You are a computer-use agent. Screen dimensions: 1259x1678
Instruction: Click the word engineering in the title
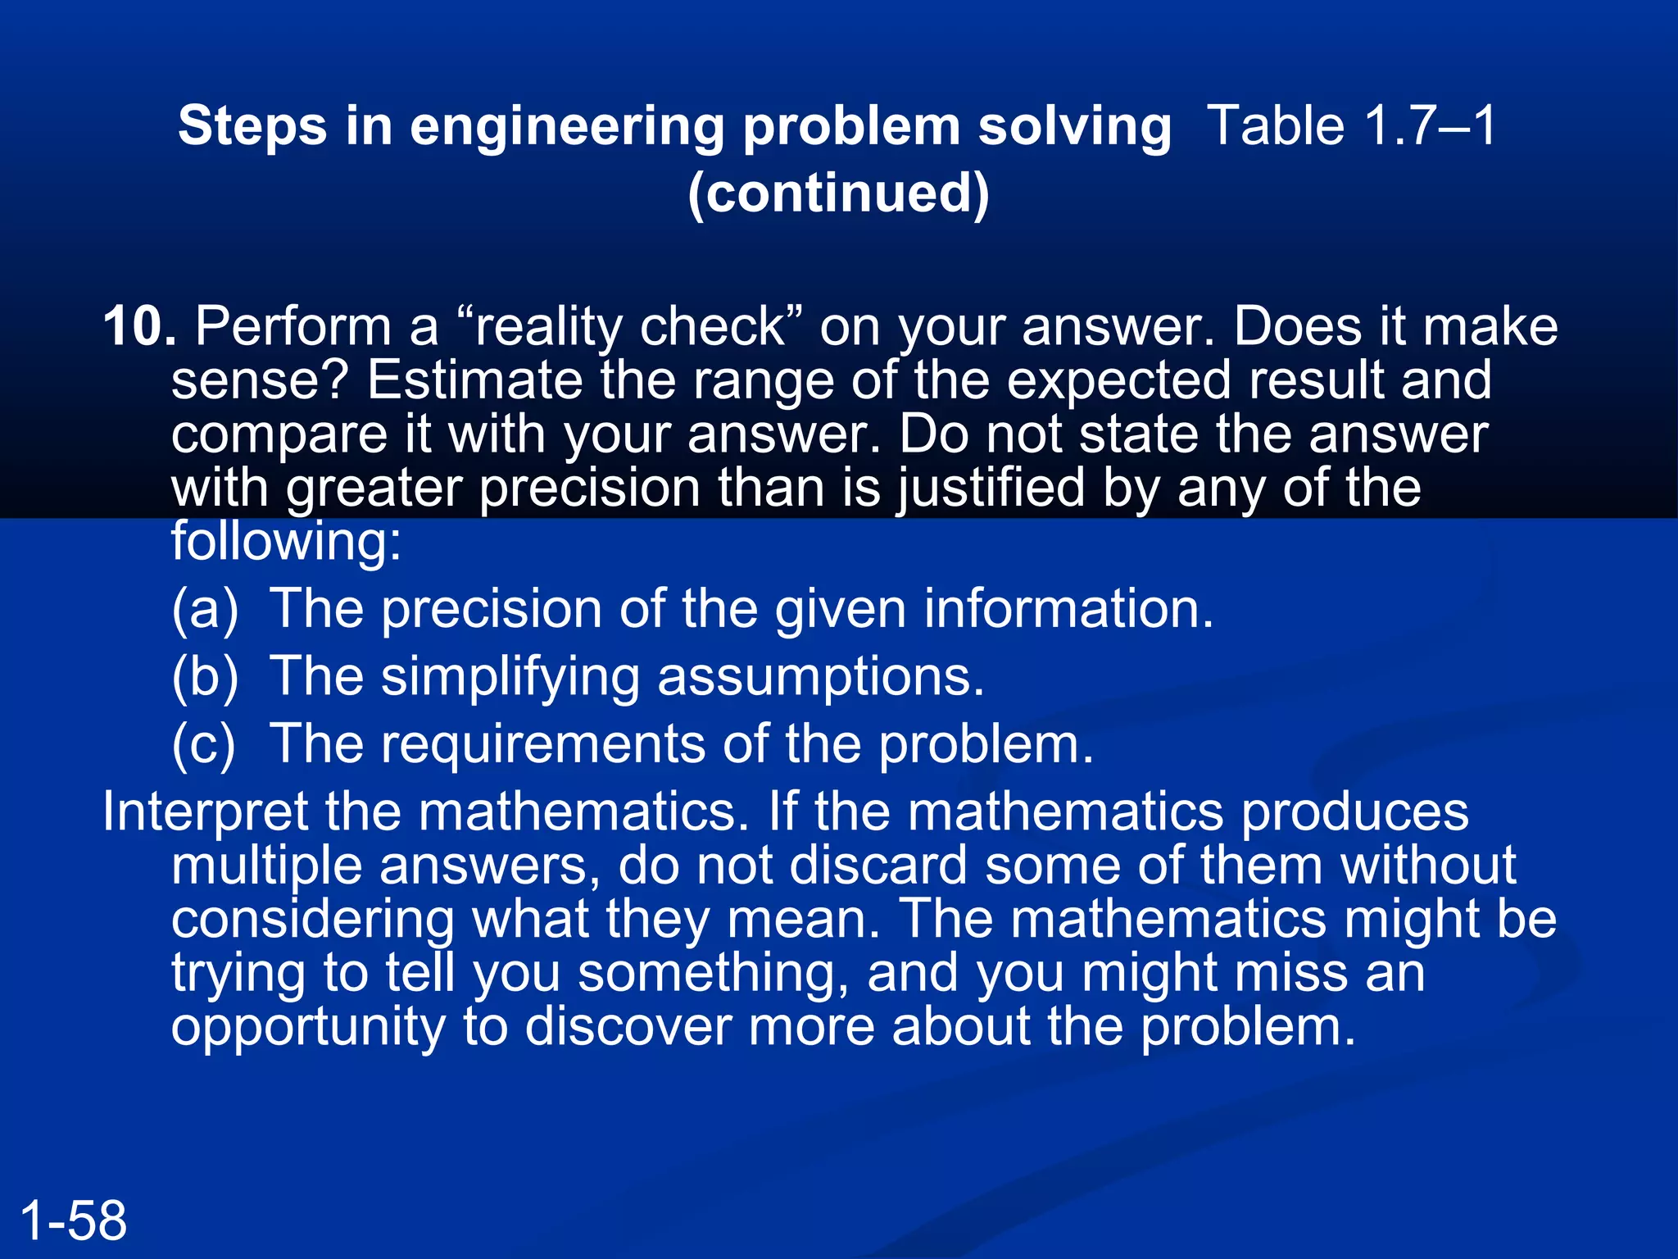click(x=566, y=128)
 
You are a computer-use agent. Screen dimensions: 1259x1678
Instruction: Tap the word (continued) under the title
click(x=838, y=193)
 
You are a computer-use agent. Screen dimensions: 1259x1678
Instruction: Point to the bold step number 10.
click(x=139, y=326)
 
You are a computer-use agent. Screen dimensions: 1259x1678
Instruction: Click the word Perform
click(x=293, y=326)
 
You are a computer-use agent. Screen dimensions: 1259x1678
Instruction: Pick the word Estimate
click(x=474, y=380)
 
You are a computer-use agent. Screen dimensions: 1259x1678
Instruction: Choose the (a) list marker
click(x=205, y=609)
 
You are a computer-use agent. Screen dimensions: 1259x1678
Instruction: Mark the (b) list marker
click(x=205, y=677)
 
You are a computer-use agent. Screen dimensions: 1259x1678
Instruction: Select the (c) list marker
click(x=203, y=744)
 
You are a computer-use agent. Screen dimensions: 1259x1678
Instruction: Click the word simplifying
click(x=510, y=677)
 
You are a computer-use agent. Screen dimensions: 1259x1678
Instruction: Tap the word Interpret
click(x=205, y=811)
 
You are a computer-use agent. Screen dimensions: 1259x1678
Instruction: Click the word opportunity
click(x=308, y=1026)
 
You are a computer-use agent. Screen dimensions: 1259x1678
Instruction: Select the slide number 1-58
click(x=74, y=1220)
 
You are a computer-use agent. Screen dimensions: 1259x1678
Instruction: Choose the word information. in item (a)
click(x=1068, y=609)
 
